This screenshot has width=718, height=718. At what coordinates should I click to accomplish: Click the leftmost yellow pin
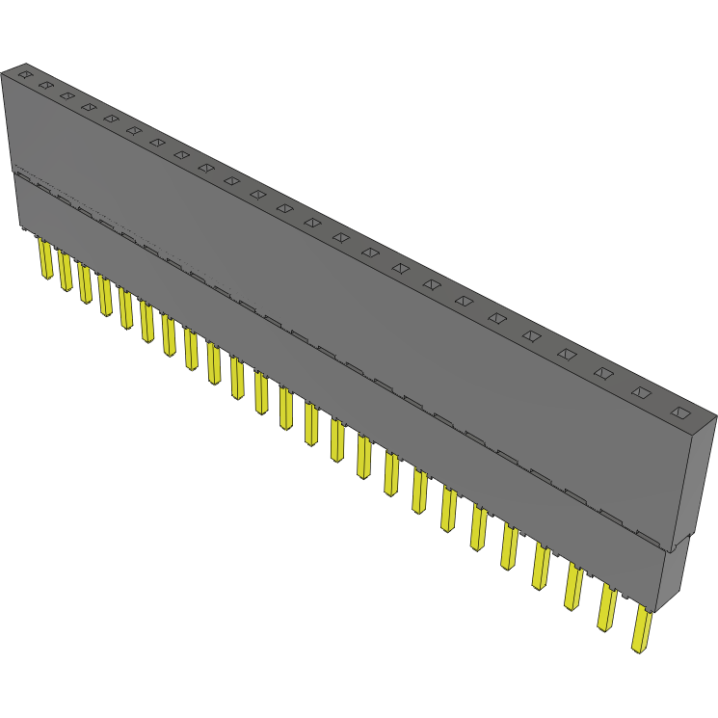tap(44, 259)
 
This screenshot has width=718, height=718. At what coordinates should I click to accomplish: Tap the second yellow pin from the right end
tap(607, 606)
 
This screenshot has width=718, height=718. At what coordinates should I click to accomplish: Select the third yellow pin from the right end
tap(573, 586)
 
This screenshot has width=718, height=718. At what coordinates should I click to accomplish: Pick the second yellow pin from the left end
tap(65, 271)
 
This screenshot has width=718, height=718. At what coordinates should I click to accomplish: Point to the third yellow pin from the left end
tap(85, 283)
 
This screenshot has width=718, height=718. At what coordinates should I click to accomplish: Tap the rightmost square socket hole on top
tap(680, 413)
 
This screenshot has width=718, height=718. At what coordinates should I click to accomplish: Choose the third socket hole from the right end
tap(604, 372)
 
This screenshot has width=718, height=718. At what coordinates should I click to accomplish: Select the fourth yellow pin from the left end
tap(105, 295)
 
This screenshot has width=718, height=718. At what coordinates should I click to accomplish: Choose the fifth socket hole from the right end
tap(532, 335)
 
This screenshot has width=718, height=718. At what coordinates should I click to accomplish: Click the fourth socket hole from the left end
tap(89, 107)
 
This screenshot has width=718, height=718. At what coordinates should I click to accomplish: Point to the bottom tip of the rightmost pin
tap(639, 650)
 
